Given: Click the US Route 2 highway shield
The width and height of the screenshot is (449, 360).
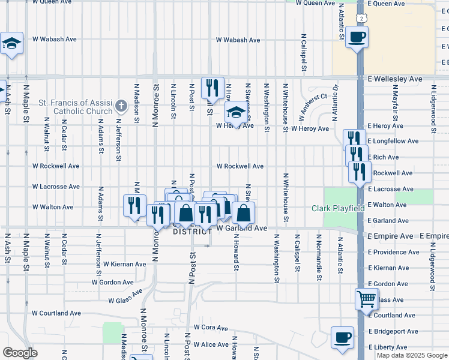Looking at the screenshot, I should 361,18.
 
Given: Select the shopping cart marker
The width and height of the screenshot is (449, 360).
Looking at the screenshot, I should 366,299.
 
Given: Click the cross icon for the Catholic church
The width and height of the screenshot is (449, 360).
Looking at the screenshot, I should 121,106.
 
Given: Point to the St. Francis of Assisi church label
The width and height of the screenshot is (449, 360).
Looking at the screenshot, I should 76,107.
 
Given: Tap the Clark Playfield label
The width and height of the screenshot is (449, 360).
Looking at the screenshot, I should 338,209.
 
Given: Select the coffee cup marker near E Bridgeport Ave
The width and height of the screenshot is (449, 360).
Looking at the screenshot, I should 342,338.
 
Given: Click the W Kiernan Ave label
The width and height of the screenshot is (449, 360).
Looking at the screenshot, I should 124,264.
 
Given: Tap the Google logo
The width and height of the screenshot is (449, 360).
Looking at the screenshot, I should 20,353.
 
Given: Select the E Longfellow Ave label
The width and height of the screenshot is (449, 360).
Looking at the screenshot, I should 393,141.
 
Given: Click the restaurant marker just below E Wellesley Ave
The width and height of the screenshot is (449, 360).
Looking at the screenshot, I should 212,88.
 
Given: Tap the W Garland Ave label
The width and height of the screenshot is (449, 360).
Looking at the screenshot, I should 241,229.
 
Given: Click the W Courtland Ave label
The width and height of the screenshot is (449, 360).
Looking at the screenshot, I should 56,313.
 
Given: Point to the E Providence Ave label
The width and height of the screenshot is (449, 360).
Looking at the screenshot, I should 393,252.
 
